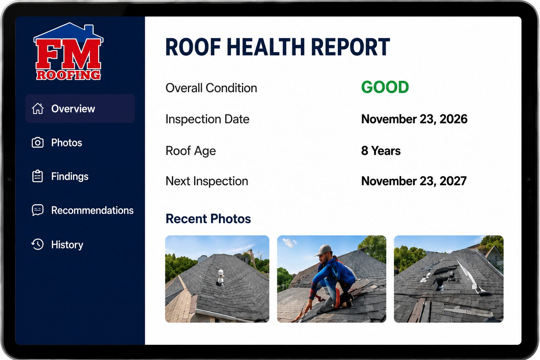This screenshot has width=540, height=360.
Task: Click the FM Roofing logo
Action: pos(69,51)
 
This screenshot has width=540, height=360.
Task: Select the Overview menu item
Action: pos(80,109)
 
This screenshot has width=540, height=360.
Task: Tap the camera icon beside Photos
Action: pos(38,142)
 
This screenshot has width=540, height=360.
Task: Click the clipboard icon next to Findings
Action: pos(38,176)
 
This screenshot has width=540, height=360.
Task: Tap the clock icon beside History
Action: pos(38,244)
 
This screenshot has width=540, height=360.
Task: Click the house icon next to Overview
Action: pos(38,109)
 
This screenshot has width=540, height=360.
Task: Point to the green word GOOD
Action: pos(385,87)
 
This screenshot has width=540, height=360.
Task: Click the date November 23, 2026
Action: pos(414,119)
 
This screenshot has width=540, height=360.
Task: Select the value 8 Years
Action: pos(381,151)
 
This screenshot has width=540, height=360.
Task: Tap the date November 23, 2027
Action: pos(414,181)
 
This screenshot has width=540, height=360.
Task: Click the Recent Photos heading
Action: pos(208,219)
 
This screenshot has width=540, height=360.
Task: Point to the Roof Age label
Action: pos(191,151)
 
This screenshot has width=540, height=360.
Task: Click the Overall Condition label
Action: pos(211,88)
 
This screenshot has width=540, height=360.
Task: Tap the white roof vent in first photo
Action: pos(221,277)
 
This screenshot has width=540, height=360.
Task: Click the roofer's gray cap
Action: pos(323,250)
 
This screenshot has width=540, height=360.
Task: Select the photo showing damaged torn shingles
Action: pos(449,279)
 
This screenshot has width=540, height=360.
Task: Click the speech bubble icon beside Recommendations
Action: pos(38,210)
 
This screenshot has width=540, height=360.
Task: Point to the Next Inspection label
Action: pos(207,181)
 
